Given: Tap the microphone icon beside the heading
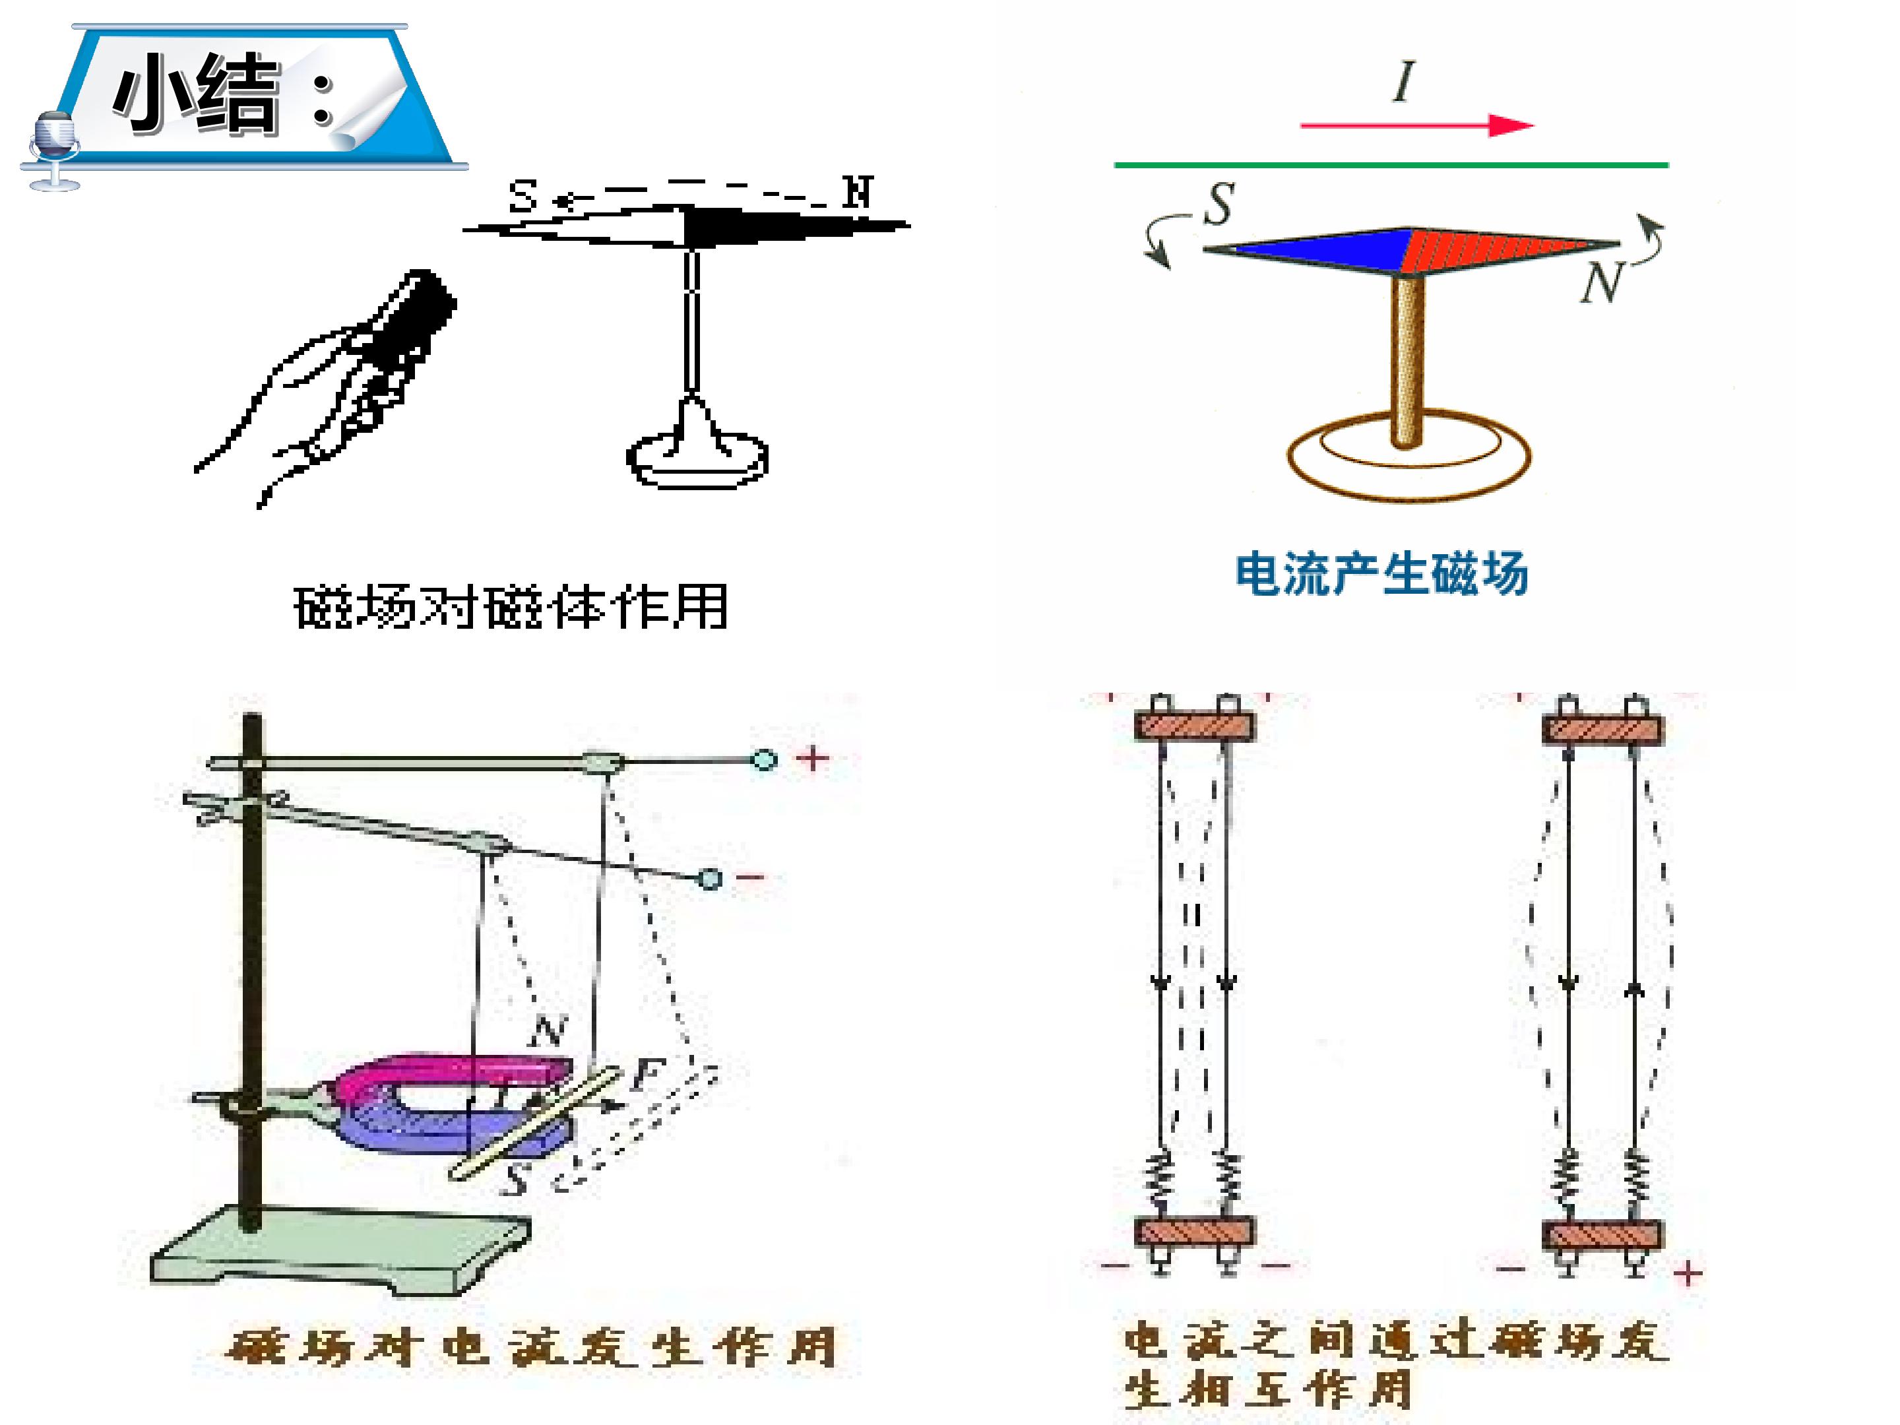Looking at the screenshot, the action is pos(54,150).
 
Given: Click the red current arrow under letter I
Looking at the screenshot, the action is pos(1416,125).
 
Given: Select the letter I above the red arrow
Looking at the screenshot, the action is pos(1403,82).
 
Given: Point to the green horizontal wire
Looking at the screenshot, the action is pos(1391,164).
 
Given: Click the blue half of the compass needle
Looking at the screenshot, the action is pos(1310,250).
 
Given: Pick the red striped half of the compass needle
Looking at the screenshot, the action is pos(1507,250).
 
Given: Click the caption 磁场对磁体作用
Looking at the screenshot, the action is pos(511,608).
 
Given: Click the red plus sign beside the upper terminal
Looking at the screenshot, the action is pos(813,759).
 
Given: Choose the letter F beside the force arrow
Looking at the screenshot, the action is pos(649,1073).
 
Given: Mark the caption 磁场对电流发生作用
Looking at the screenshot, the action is pos(532,1347).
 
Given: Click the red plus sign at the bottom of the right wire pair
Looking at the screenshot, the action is pos(1688,1273).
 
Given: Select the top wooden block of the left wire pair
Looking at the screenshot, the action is pos(1195,726).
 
